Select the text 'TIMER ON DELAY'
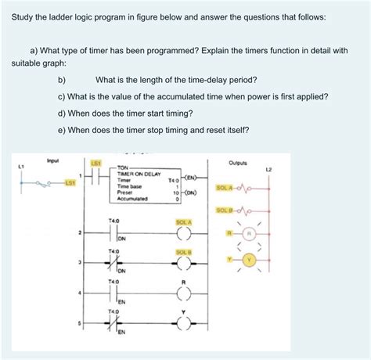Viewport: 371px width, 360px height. click(140, 174)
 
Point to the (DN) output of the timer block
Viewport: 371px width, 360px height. click(191, 192)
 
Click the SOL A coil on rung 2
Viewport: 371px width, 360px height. click(184, 232)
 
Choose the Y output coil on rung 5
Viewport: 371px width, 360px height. click(184, 325)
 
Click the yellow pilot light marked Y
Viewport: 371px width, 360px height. click(250, 259)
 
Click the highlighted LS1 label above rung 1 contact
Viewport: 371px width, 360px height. click(96, 163)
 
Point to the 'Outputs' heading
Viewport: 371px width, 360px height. click(238, 163)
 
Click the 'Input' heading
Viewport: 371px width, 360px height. click(53, 160)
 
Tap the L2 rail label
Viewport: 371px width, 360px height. click(268, 168)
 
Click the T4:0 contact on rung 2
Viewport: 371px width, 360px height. click(114, 232)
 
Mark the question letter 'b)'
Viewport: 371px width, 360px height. click(62, 80)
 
